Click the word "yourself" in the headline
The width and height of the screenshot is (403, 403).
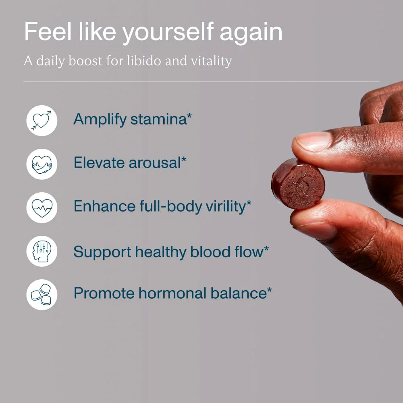tap(168, 32)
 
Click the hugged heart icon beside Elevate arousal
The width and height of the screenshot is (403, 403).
tap(42, 164)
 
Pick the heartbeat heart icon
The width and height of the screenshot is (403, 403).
tap(42, 208)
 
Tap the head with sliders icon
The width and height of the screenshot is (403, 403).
tap(42, 251)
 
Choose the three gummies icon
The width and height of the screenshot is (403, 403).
tap(42, 295)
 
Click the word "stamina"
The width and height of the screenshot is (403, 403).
tap(158, 119)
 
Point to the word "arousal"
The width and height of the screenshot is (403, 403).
tap(155, 163)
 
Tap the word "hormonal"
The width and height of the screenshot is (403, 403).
tap(172, 293)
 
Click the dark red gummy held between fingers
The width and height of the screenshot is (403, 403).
tap(298, 184)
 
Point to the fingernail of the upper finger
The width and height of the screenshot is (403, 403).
tap(313, 141)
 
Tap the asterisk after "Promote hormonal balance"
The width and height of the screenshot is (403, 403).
tap(269, 291)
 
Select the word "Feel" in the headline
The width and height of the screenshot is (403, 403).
tap(48, 31)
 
